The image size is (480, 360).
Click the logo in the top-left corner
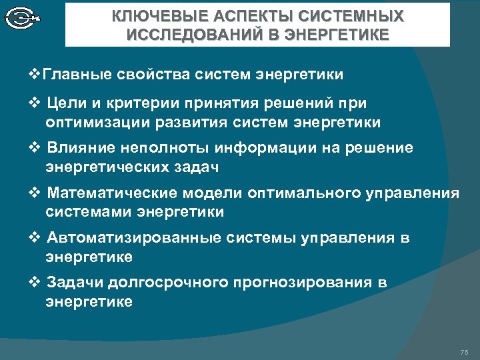coord(23,18)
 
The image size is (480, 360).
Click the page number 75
coord(464,351)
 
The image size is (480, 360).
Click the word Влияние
coord(79,147)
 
